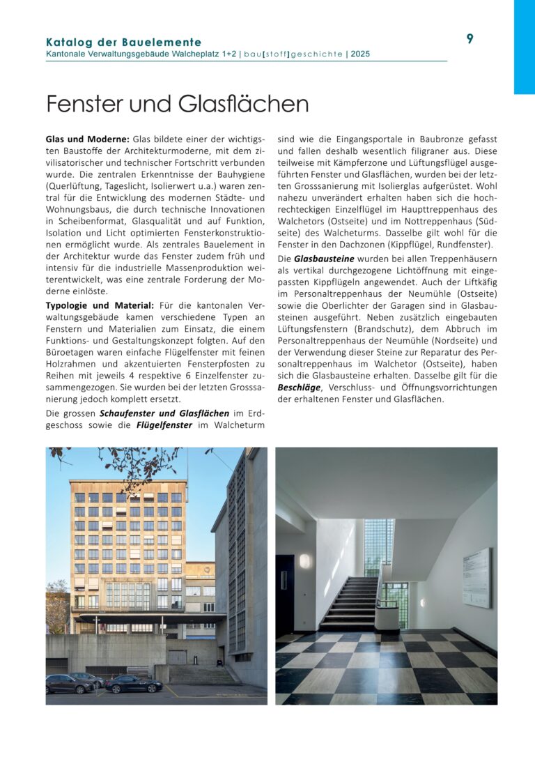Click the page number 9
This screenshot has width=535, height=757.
pyautogui.click(x=470, y=39)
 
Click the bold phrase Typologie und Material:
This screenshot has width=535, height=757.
pyautogui.click(x=100, y=305)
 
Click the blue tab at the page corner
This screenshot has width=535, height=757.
pyautogui.click(x=524, y=47)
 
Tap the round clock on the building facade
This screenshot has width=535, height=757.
pyautogui.click(x=208, y=567)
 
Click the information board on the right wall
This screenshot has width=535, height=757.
pyautogui.click(x=476, y=577)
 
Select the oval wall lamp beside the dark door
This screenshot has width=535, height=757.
pyautogui.click(x=304, y=561)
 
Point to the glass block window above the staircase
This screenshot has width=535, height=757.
pyautogui.click(x=379, y=546)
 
